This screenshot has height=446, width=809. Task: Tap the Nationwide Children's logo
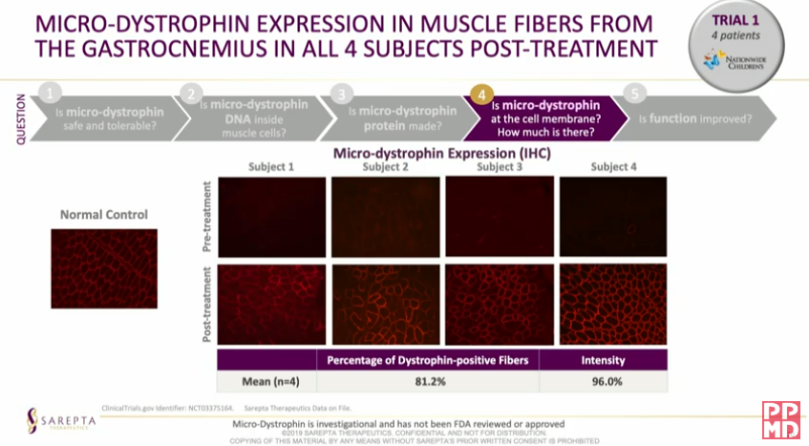pyautogui.click(x=735, y=63)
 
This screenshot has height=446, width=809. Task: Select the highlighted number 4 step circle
pyautogui.click(x=481, y=95)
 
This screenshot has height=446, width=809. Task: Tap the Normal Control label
pyautogui.click(x=104, y=214)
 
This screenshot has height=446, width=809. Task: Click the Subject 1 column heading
pyautogui.click(x=272, y=167)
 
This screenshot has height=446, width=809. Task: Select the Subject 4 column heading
pyautogui.click(x=614, y=167)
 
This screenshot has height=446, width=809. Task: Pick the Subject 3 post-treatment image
pyautogui.click(x=500, y=303)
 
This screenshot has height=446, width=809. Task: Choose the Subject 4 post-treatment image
pyautogui.click(x=614, y=303)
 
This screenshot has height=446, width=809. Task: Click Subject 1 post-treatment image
pyautogui.click(x=272, y=303)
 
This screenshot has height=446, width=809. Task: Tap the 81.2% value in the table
pyautogui.click(x=428, y=382)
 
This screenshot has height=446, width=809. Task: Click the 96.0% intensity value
pyautogui.click(x=603, y=382)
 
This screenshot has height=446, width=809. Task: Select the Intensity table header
pyautogui.click(x=603, y=360)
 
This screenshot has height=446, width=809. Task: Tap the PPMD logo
pyautogui.click(x=780, y=420)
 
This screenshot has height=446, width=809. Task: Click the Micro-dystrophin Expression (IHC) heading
pyautogui.click(x=428, y=152)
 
